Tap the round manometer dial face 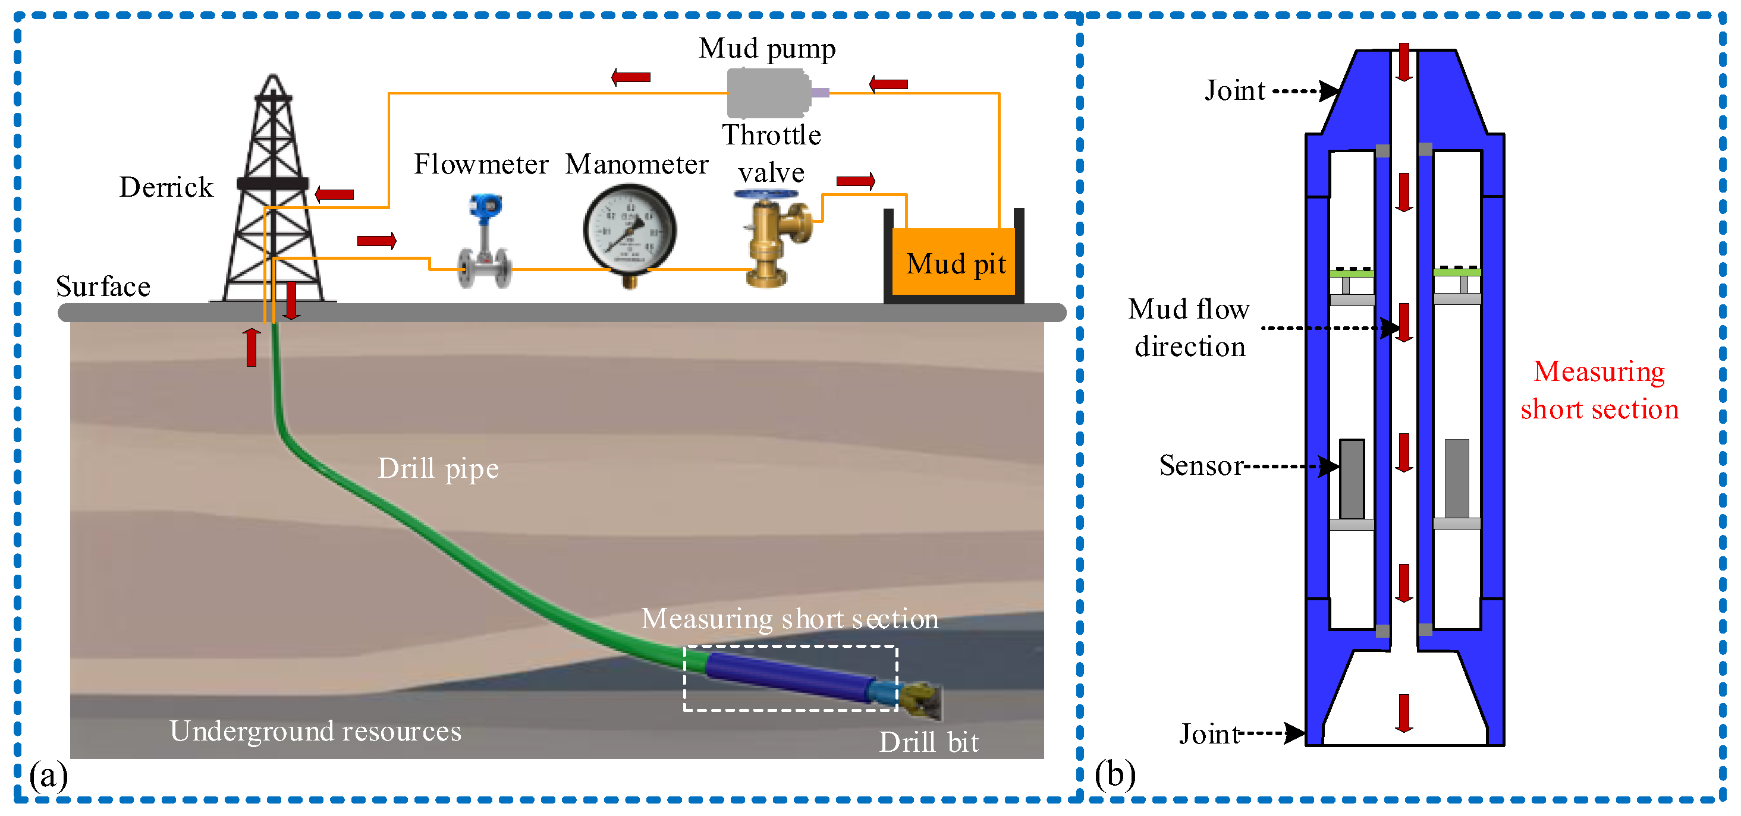(629, 229)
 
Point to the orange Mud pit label (955, 263)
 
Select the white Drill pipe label (438, 468)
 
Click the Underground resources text (315, 731)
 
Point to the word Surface (103, 286)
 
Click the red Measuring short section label (1599, 390)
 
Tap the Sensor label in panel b (1201, 465)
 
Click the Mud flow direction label (1189, 327)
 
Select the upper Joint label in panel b (1234, 90)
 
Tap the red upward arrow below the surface (252, 347)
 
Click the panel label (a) (49, 775)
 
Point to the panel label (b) (1114, 774)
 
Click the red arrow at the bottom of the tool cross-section (1404, 713)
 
